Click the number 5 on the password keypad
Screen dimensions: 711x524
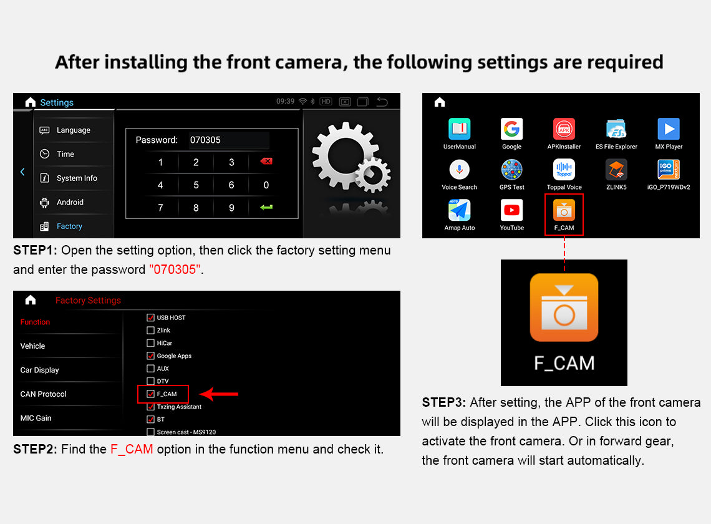coord(196,185)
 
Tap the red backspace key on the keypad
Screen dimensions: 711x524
coord(266,161)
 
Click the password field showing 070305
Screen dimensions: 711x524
coord(228,140)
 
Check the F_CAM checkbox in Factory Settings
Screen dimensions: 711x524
coord(150,394)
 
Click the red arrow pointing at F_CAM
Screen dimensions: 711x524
coord(219,394)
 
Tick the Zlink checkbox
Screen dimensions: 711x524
coord(150,330)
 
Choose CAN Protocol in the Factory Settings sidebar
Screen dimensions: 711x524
coord(43,394)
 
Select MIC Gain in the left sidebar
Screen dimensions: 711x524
coord(36,418)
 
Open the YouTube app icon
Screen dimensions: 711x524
coord(511,210)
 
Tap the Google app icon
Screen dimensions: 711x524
coord(511,129)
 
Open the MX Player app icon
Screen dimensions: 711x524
coord(669,129)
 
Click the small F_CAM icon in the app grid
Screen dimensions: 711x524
coord(564,210)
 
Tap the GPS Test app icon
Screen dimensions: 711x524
coord(511,170)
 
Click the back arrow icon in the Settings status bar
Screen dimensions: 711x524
coord(382,102)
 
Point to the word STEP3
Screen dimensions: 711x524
coord(443,402)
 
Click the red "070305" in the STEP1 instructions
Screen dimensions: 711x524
coord(175,269)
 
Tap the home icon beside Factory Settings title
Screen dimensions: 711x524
coord(31,300)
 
